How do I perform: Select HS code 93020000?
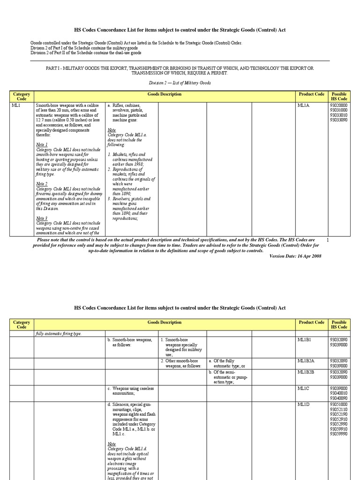339,106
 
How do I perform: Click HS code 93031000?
339,111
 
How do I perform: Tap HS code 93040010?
339,393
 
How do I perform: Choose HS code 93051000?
339,404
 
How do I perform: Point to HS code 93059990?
339,434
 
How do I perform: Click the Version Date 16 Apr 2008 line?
295,256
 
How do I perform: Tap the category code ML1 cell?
16,106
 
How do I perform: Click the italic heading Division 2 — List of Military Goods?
180,83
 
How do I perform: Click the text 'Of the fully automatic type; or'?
227,363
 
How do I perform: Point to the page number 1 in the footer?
328,240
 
